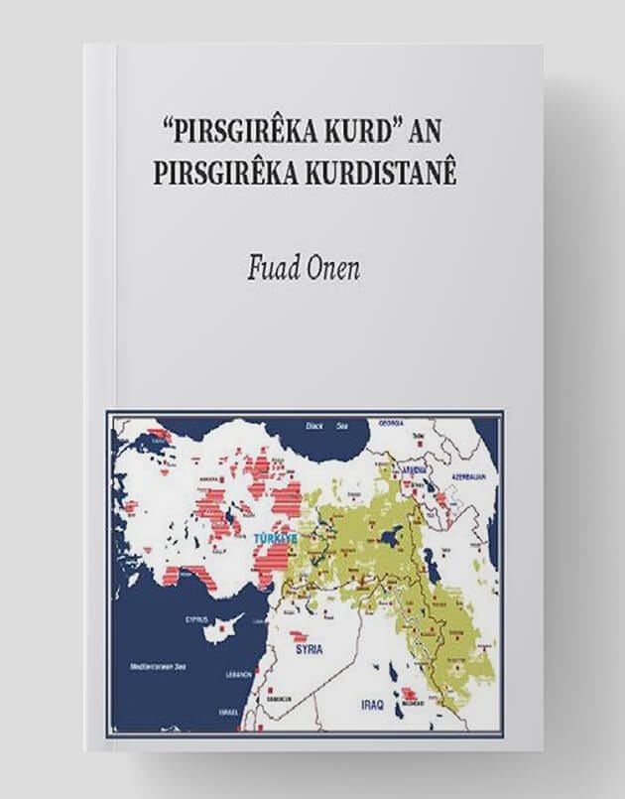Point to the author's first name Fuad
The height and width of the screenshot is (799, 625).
269,270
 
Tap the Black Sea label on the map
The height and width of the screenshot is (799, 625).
313,428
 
